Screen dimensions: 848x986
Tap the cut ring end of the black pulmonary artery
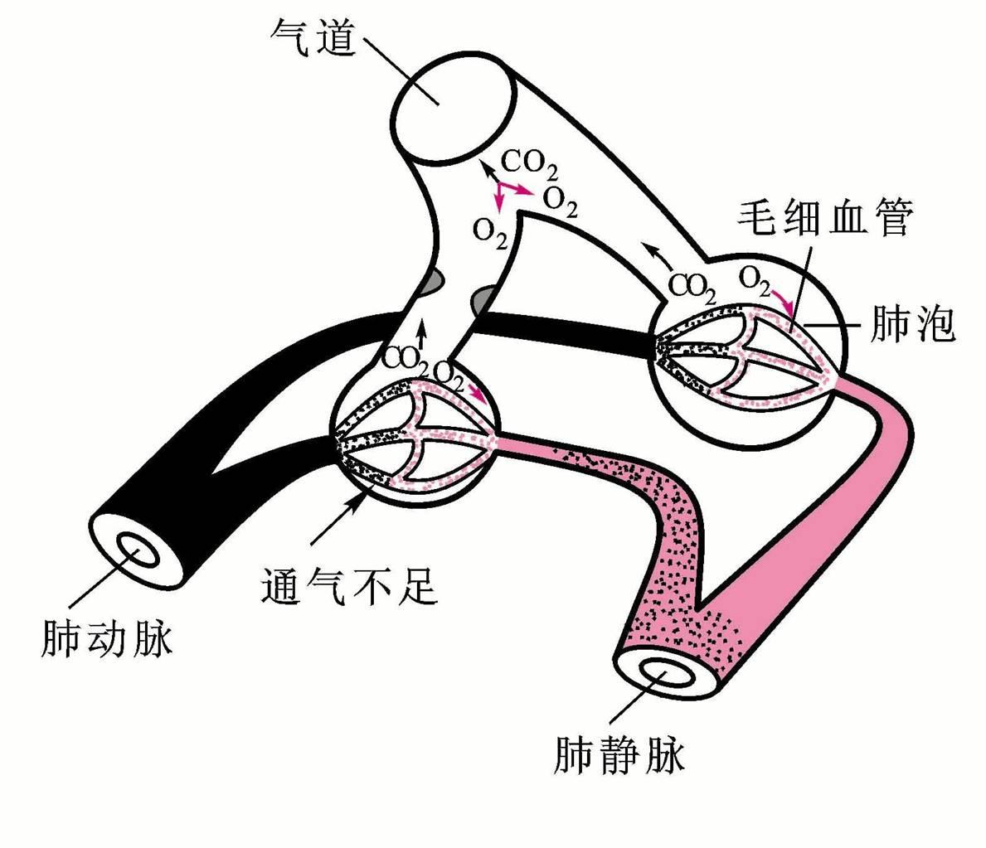click(x=133, y=547)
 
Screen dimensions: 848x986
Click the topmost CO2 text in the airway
click(x=530, y=163)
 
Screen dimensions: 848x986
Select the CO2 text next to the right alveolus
click(x=692, y=286)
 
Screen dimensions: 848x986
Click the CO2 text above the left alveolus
click(x=406, y=359)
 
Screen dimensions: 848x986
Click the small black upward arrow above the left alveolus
click(x=421, y=333)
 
